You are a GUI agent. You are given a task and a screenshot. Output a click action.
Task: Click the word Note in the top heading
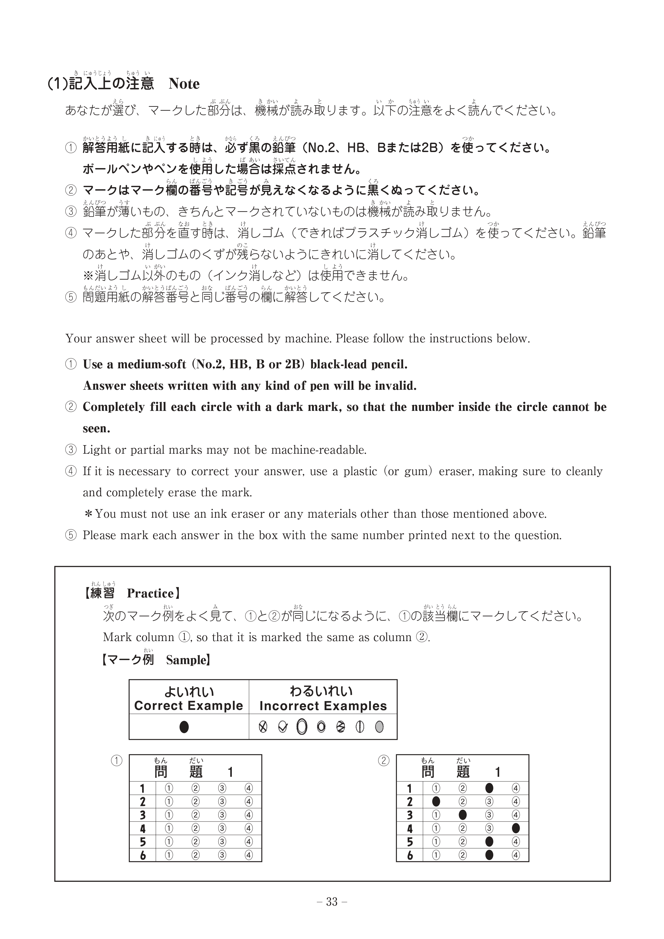[x=184, y=84]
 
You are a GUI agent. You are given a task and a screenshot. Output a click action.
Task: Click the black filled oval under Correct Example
[x=184, y=727]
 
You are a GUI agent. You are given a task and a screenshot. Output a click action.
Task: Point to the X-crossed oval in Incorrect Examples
[x=263, y=727]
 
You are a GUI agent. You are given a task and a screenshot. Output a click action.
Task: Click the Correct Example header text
[x=188, y=706]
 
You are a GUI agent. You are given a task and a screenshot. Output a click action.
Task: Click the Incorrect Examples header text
[x=323, y=706]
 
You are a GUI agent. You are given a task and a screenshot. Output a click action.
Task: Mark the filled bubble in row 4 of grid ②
[x=515, y=828]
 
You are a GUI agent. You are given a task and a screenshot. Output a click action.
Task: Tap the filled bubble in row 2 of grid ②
[x=436, y=801]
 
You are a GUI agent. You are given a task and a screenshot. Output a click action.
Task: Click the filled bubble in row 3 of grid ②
[x=462, y=815]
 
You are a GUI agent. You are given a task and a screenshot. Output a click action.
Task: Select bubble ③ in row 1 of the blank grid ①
[x=222, y=788]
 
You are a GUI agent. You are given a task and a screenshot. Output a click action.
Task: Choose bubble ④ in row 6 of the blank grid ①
[x=249, y=855]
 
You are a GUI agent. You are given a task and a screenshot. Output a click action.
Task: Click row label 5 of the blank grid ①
[x=143, y=842]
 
